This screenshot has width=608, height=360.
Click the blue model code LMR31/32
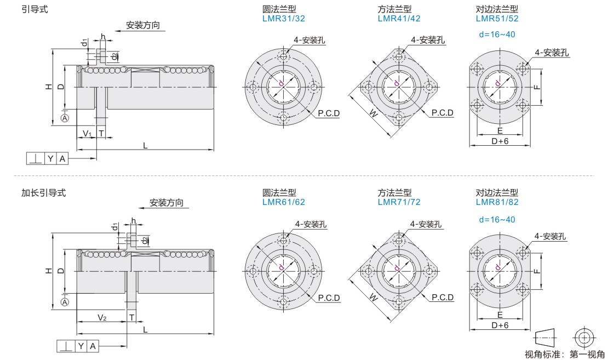(284, 18)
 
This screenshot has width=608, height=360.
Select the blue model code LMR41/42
(399, 18)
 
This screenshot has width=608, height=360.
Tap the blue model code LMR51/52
(497, 18)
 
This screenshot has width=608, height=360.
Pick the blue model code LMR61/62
(284, 202)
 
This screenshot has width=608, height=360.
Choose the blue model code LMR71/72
(399, 202)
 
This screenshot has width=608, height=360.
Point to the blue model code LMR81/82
(497, 202)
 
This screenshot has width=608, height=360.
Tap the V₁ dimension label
(87, 134)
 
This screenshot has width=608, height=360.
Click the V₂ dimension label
(102, 318)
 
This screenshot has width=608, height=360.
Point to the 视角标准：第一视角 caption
(564, 354)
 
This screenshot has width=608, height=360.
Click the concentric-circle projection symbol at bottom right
(584, 336)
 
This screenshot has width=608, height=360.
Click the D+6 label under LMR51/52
(500, 141)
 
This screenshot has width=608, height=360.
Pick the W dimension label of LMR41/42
(373, 115)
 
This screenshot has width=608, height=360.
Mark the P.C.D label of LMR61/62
(329, 298)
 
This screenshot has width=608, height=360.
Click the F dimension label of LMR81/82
(538, 271)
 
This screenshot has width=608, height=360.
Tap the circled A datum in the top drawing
(65, 118)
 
